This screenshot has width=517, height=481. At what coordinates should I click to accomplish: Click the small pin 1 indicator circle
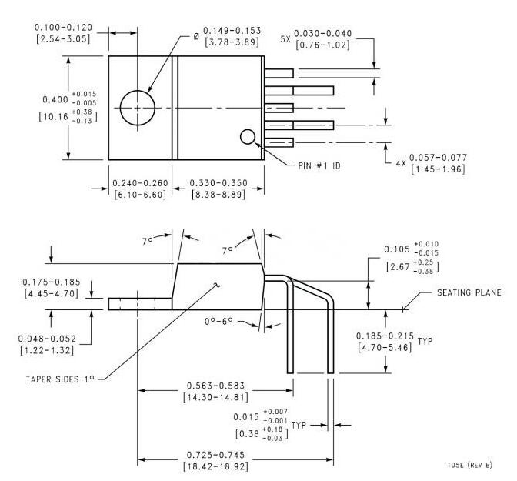click(247, 137)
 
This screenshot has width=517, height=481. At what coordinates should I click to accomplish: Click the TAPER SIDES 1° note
click(58, 378)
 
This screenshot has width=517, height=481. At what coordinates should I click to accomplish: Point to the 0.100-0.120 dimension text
click(62, 27)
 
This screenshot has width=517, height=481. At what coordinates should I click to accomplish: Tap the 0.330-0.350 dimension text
click(218, 184)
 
